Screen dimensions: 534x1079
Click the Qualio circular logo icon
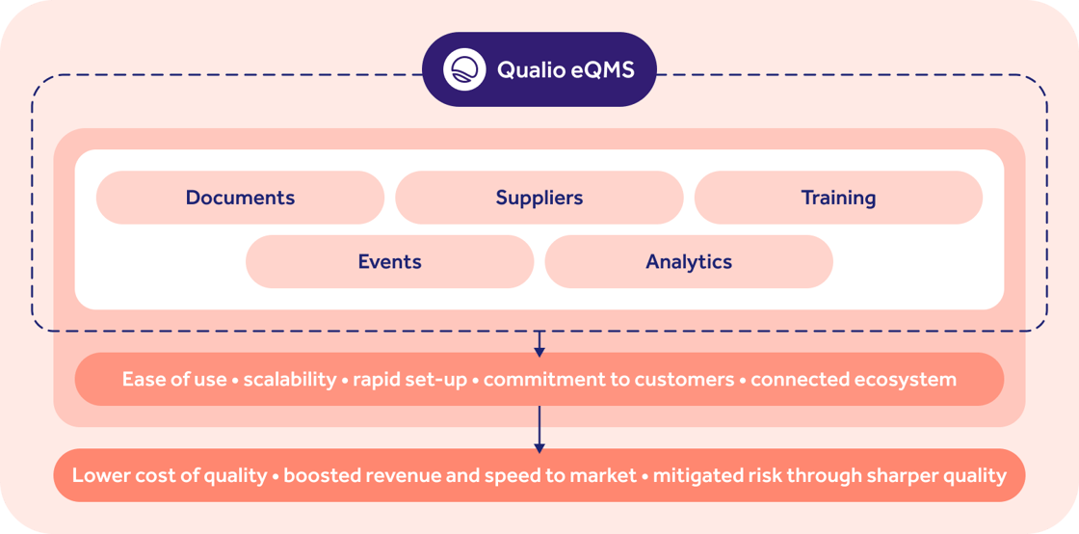(463, 69)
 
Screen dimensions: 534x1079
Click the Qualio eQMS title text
(566, 69)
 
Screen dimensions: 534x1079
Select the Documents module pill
(240, 198)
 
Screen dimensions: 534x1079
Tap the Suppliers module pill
(539, 198)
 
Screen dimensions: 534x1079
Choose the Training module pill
(838, 198)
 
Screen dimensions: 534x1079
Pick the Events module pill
(389, 261)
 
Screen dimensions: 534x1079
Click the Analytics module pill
(689, 261)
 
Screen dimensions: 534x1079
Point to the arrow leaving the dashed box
(539, 343)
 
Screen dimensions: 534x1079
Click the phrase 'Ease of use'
(173, 379)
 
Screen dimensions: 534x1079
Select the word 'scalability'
(289, 379)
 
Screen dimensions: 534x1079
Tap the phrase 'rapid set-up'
(409, 379)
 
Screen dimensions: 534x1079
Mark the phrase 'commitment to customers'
(608, 379)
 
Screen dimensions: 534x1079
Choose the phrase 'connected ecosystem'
(854, 379)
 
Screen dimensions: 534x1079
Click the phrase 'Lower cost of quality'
(169, 475)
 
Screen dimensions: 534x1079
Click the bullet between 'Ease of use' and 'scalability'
(236, 380)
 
